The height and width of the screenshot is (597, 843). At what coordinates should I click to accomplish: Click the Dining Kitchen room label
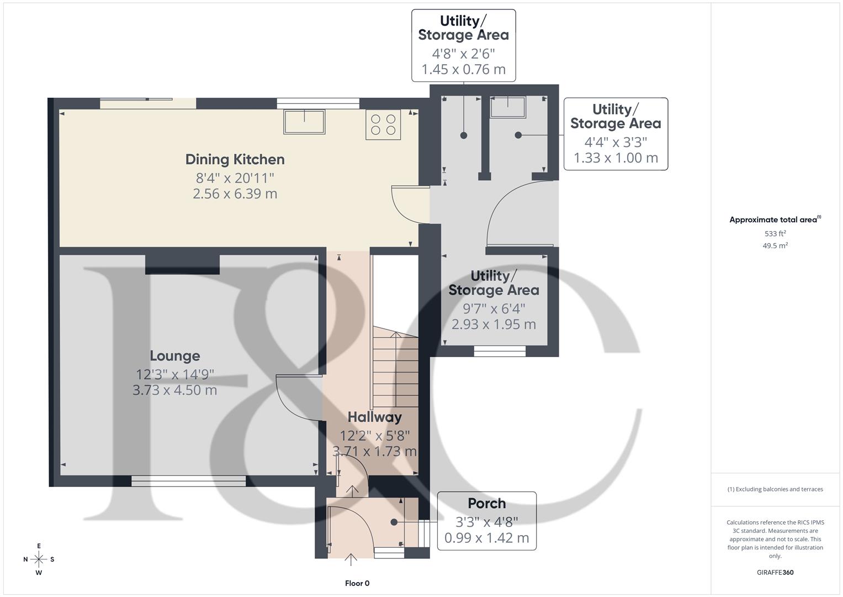tap(235, 160)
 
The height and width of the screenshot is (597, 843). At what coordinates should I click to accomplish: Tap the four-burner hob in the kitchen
tap(383, 124)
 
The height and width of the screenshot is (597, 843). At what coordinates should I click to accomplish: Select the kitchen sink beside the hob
tap(304, 122)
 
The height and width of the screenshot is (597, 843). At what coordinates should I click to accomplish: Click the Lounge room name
tap(175, 356)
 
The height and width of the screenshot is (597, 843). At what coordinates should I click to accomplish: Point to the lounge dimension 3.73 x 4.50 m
tap(175, 390)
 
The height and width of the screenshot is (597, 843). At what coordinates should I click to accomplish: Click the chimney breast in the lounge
tap(182, 264)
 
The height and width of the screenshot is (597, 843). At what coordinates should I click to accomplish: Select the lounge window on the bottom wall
tap(188, 481)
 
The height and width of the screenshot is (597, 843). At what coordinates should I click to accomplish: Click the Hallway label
tap(374, 417)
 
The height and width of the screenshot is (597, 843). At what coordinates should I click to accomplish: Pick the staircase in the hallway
tap(395, 368)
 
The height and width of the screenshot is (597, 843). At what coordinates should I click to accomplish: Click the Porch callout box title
tap(486, 504)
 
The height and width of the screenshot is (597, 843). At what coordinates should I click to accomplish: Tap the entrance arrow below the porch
tap(351, 559)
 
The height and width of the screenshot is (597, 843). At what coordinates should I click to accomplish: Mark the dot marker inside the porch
tap(394, 522)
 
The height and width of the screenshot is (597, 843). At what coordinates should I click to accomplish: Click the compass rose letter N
tap(25, 559)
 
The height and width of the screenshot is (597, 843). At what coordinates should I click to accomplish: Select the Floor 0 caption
tap(357, 583)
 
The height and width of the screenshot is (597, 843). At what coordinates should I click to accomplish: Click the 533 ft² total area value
tap(775, 234)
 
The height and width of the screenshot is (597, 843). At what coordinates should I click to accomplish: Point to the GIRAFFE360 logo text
tap(775, 572)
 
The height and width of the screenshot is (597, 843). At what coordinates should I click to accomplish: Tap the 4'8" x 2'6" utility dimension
tap(463, 54)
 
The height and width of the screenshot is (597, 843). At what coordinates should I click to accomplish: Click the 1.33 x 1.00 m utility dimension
tap(616, 158)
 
